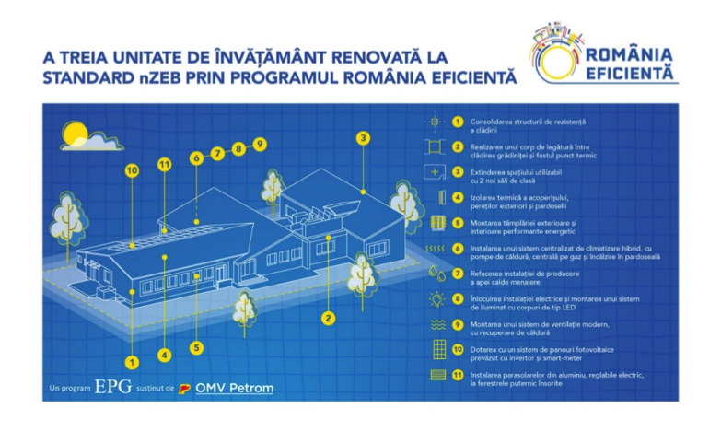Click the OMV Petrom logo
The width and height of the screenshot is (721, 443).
click(x=227, y=388)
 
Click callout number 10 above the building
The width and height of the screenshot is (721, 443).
click(x=132, y=170)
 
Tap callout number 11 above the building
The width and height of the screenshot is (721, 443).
click(x=165, y=165)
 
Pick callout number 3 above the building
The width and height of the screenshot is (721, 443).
click(x=363, y=138)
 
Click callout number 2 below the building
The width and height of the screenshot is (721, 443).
click(x=327, y=319)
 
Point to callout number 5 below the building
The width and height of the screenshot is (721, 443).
click(x=196, y=347)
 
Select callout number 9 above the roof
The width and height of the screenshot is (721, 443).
click(x=260, y=144)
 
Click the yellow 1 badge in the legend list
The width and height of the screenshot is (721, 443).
click(x=458, y=122)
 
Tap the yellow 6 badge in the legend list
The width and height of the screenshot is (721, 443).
click(x=458, y=248)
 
